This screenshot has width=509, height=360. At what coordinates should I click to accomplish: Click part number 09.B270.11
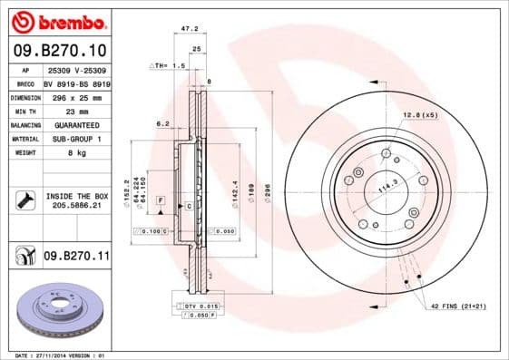pyautogui.click(x=76, y=257)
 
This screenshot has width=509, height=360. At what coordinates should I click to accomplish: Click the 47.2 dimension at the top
pyautogui.click(x=190, y=29)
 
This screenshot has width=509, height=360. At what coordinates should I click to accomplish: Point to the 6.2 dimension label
pyautogui.click(x=163, y=123)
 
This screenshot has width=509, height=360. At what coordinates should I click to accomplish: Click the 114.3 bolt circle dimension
pyautogui.click(x=387, y=188)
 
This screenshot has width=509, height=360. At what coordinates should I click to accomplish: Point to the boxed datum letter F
pyautogui.click(x=161, y=199)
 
